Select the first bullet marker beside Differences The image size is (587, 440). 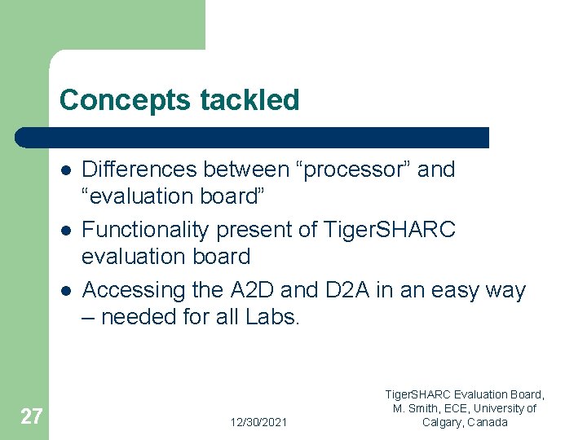pyautogui.click(x=64, y=170)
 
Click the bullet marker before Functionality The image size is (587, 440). pyautogui.click(x=64, y=231)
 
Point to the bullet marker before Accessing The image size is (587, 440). pyautogui.click(x=64, y=291)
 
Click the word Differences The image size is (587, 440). pyautogui.click(x=139, y=169)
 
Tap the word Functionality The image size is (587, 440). pyautogui.click(x=146, y=230)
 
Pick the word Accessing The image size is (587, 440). pyautogui.click(x=135, y=290)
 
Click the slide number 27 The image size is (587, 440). pyautogui.click(x=30, y=417)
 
